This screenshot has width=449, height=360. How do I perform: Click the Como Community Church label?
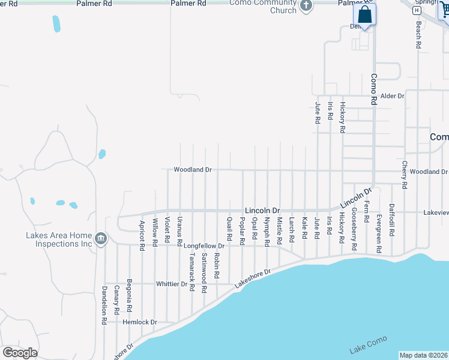(264, 7)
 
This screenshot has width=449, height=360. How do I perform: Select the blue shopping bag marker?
(364, 14)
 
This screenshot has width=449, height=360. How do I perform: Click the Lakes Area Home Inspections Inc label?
(59, 240)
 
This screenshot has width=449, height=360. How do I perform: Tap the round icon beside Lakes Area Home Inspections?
(101, 239)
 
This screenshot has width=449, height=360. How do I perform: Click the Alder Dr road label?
(393, 95)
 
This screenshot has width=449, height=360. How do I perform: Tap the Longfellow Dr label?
(203, 246)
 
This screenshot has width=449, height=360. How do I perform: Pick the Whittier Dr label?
(172, 284)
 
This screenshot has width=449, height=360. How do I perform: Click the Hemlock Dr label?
(139, 322)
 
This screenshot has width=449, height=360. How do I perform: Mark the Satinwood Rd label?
(205, 272)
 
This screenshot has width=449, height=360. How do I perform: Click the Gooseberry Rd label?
(355, 229)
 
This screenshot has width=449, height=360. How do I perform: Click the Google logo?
(20, 353)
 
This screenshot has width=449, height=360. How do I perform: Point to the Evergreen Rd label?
(379, 232)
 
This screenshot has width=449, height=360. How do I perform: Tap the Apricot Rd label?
(142, 235)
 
